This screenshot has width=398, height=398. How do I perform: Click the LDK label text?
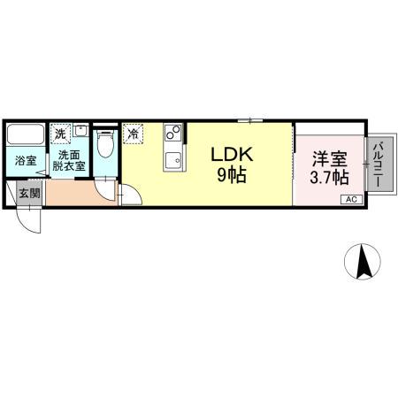pos(231,154)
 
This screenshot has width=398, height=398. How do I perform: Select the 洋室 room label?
pos(329,159)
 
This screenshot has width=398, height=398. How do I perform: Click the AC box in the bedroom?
pos(351,199)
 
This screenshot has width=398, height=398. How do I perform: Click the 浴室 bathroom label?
pos(25,161)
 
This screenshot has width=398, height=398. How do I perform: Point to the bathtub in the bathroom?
pos(26,137)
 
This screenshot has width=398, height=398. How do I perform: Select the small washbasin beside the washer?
pos(80,131)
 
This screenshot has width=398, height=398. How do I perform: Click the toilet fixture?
pos(105,143)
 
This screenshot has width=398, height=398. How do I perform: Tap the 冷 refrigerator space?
pos(133,134)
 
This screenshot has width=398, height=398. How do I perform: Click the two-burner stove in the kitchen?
pos(172,134)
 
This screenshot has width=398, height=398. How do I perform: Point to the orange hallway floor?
pos(75,192)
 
